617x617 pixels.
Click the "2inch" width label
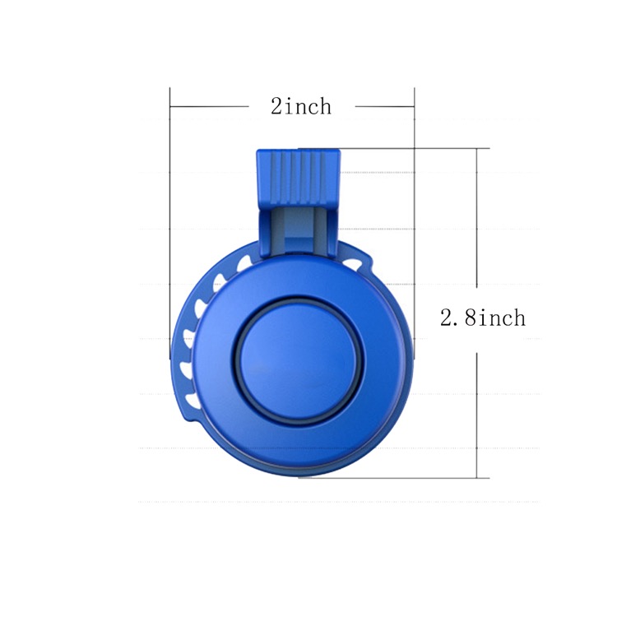(301, 106)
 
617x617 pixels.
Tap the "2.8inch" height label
(482, 318)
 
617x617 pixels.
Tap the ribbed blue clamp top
(298, 176)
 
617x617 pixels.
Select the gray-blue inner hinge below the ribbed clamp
(299, 226)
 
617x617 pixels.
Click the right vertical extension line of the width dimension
(414, 222)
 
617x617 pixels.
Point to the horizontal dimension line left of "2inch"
(210, 106)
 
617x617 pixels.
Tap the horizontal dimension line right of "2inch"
(384, 106)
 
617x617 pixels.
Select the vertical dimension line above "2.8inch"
(477, 222)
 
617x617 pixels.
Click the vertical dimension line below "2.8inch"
(477, 411)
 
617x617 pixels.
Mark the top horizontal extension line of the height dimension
(411, 149)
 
